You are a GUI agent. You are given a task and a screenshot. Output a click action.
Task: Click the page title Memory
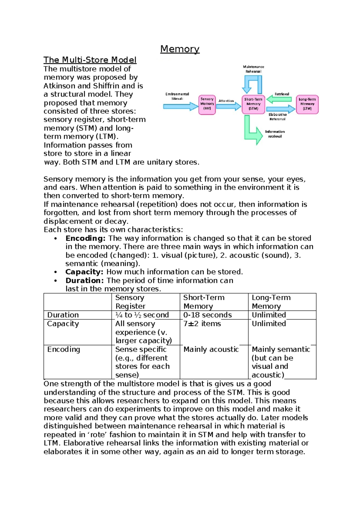click(x=180, y=49)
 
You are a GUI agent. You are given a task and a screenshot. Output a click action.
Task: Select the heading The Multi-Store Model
click(x=90, y=60)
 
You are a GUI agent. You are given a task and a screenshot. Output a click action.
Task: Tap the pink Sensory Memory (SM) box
click(x=207, y=104)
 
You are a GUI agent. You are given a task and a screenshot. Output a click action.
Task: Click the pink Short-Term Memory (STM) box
click(x=253, y=104)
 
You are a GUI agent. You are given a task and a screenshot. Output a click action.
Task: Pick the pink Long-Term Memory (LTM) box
click(x=307, y=104)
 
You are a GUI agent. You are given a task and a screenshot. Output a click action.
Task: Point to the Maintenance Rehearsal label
click(x=253, y=69)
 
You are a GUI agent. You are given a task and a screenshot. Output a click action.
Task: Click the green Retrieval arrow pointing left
click(x=279, y=99)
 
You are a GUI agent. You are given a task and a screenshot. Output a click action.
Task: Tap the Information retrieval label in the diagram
click(x=275, y=134)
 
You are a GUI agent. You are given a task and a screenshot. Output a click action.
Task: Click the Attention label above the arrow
click(x=226, y=101)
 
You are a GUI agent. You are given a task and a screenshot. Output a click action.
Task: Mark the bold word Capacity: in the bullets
click(x=84, y=272)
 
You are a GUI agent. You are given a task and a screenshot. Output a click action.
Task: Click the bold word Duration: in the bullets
click(x=85, y=281)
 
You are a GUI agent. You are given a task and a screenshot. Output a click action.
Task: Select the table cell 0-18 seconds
click(x=208, y=315)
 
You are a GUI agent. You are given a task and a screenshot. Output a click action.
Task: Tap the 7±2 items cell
click(x=202, y=324)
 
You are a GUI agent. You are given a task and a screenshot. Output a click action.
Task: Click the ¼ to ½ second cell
click(x=142, y=315)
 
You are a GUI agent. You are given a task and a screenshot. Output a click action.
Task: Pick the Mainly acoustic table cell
click(x=211, y=349)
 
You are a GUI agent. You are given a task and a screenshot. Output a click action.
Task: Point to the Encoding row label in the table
click(x=64, y=349)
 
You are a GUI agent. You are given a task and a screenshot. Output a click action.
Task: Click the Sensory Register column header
click(x=130, y=302)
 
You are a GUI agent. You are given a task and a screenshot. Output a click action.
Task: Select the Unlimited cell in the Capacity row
click(x=269, y=324)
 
